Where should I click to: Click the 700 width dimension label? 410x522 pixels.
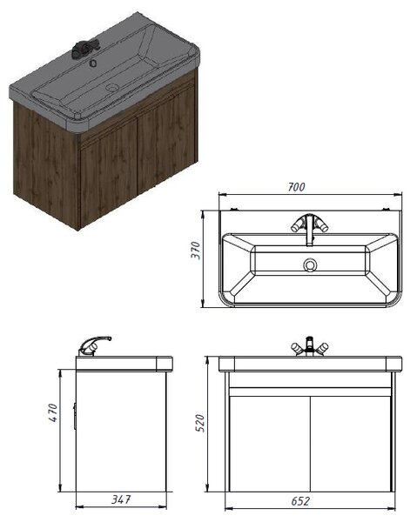296,187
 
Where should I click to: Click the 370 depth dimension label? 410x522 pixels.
196,251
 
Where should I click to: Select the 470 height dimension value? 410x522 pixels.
53,412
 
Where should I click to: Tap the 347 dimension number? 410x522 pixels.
121,499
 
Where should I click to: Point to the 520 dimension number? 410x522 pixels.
200,423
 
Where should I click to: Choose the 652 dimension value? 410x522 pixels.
300,501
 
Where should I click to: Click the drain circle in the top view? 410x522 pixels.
310,265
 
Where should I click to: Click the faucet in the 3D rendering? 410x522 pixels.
84,48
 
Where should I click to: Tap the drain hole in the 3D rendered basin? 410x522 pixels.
112,88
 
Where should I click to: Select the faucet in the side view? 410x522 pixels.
94,345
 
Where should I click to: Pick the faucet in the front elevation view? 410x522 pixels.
309,346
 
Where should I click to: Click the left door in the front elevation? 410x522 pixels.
270,444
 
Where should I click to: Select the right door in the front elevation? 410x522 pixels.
351,444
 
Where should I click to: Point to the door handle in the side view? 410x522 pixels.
75,417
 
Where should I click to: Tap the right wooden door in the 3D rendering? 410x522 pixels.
165,139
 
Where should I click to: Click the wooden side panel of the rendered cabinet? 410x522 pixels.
47,165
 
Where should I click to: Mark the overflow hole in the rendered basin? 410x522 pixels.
94,63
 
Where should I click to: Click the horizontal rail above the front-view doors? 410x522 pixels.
310,391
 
